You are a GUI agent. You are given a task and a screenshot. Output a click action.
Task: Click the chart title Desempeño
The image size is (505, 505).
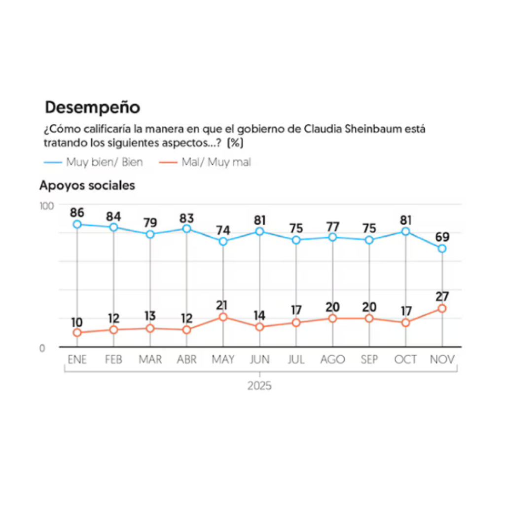[x=92, y=108]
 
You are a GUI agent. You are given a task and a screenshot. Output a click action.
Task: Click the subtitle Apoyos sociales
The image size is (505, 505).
[x=87, y=186]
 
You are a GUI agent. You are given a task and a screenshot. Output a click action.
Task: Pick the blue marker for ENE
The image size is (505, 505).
[x=77, y=224]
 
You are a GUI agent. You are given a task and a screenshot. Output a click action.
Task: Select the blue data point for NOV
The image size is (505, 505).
[x=442, y=249]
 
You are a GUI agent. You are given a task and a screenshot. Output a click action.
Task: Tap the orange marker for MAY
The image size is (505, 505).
[x=223, y=317]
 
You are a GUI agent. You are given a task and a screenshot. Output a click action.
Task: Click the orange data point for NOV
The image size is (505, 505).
[x=442, y=308]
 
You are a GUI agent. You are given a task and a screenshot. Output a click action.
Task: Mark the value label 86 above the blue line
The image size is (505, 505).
[x=77, y=213]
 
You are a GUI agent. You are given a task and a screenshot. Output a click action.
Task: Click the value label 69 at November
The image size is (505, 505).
[x=442, y=237]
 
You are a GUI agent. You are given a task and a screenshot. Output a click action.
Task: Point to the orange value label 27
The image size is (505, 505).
[x=442, y=296]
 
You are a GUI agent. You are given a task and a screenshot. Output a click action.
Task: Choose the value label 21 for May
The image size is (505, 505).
[x=223, y=305]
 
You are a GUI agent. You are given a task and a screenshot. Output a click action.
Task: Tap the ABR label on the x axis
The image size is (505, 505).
[x=186, y=360]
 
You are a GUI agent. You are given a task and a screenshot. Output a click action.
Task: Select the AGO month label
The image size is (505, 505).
[x=332, y=360]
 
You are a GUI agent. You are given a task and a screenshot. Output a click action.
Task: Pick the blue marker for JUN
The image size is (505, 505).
[x=259, y=231]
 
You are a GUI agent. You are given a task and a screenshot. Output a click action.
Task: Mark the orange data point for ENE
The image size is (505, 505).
[x=77, y=333]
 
